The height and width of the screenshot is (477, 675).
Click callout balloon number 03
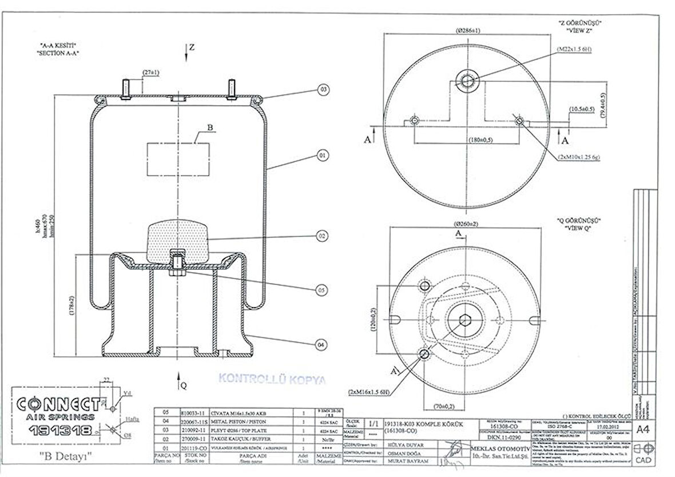(x=324, y=89)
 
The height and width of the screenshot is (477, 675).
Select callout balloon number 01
(x=323, y=155)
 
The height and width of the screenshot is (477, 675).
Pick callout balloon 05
(x=323, y=290)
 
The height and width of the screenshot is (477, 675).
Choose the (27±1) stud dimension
(x=152, y=73)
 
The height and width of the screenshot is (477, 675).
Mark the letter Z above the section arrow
(x=192, y=48)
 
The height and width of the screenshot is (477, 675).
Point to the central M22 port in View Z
(x=467, y=79)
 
